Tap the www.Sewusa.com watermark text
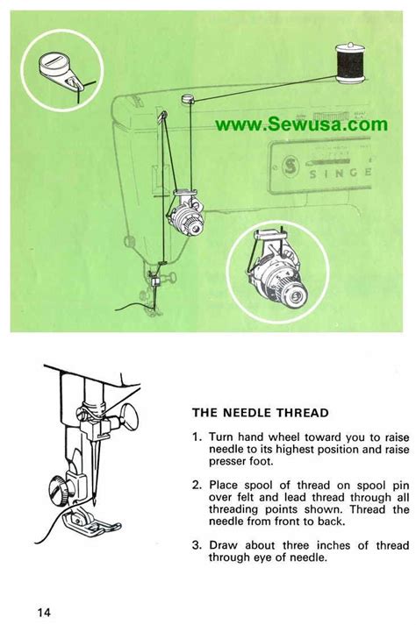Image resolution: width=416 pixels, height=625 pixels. (x=301, y=124)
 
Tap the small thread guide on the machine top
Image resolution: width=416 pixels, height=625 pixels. (x=186, y=99)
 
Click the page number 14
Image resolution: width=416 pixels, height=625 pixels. (x=46, y=610)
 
